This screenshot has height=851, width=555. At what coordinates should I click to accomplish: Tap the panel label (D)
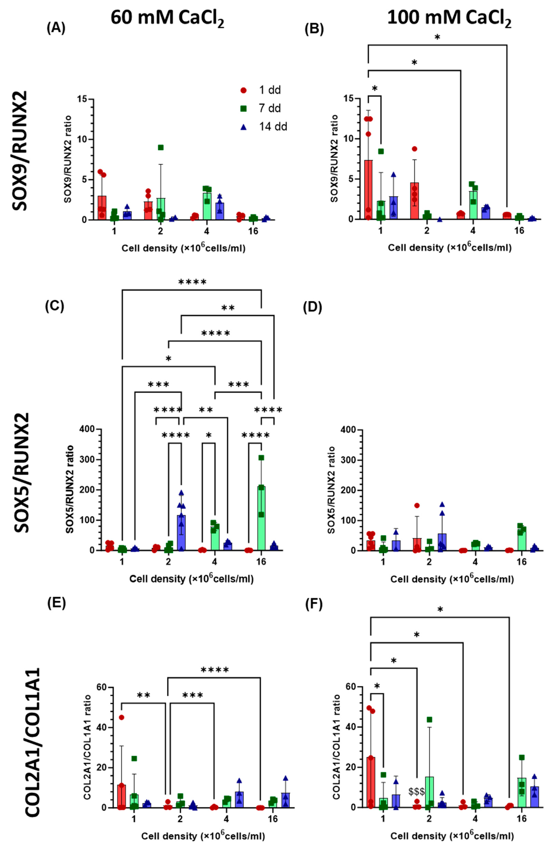[x=312, y=307]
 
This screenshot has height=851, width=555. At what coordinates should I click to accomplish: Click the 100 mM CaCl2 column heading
[x=449, y=18]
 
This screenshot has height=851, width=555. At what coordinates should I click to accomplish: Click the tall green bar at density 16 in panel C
[x=261, y=518]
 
